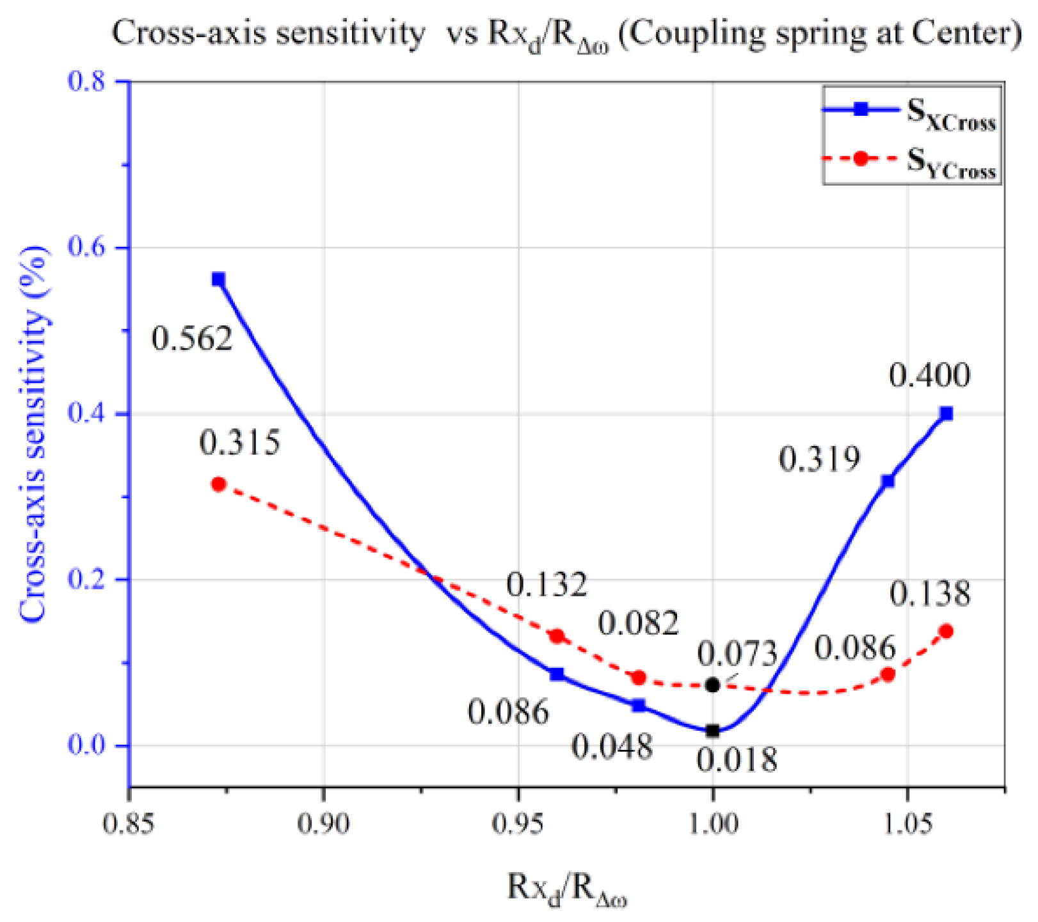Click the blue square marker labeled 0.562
[x=219, y=280]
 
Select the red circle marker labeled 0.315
[x=219, y=484]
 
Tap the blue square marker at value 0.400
[x=946, y=414]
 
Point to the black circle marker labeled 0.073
[x=712, y=685]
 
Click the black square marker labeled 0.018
[x=712, y=731]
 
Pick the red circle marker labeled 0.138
[x=946, y=632]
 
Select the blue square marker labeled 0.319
[x=888, y=481]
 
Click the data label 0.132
[x=546, y=585]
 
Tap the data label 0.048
[x=612, y=747]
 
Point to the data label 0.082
[x=638, y=623]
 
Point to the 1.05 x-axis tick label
[x=907, y=824]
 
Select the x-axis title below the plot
[x=567, y=890]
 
